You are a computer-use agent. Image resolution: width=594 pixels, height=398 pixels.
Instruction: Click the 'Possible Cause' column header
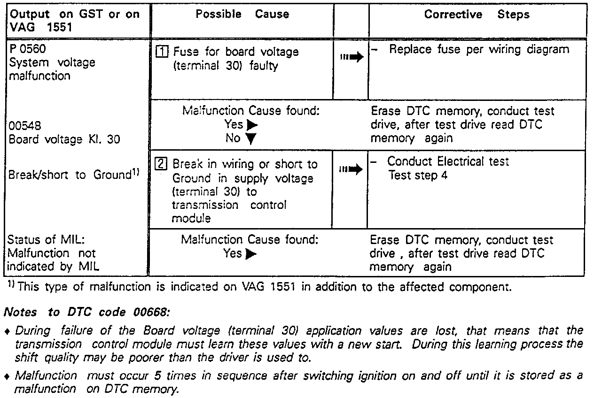point(242,14)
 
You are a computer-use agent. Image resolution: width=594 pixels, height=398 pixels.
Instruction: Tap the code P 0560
point(27,49)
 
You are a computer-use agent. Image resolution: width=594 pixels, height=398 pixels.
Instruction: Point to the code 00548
point(22,126)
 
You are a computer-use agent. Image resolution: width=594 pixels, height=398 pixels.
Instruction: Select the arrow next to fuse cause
point(351,58)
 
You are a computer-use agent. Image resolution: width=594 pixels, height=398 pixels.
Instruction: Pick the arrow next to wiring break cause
point(351,170)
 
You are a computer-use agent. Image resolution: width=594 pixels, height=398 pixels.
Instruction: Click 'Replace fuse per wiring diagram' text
point(479,50)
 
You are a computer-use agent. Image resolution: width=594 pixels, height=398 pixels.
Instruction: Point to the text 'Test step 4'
point(418,176)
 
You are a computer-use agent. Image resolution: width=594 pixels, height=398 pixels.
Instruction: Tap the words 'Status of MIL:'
point(46,240)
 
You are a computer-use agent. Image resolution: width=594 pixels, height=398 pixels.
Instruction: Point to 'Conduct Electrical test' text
point(448,162)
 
